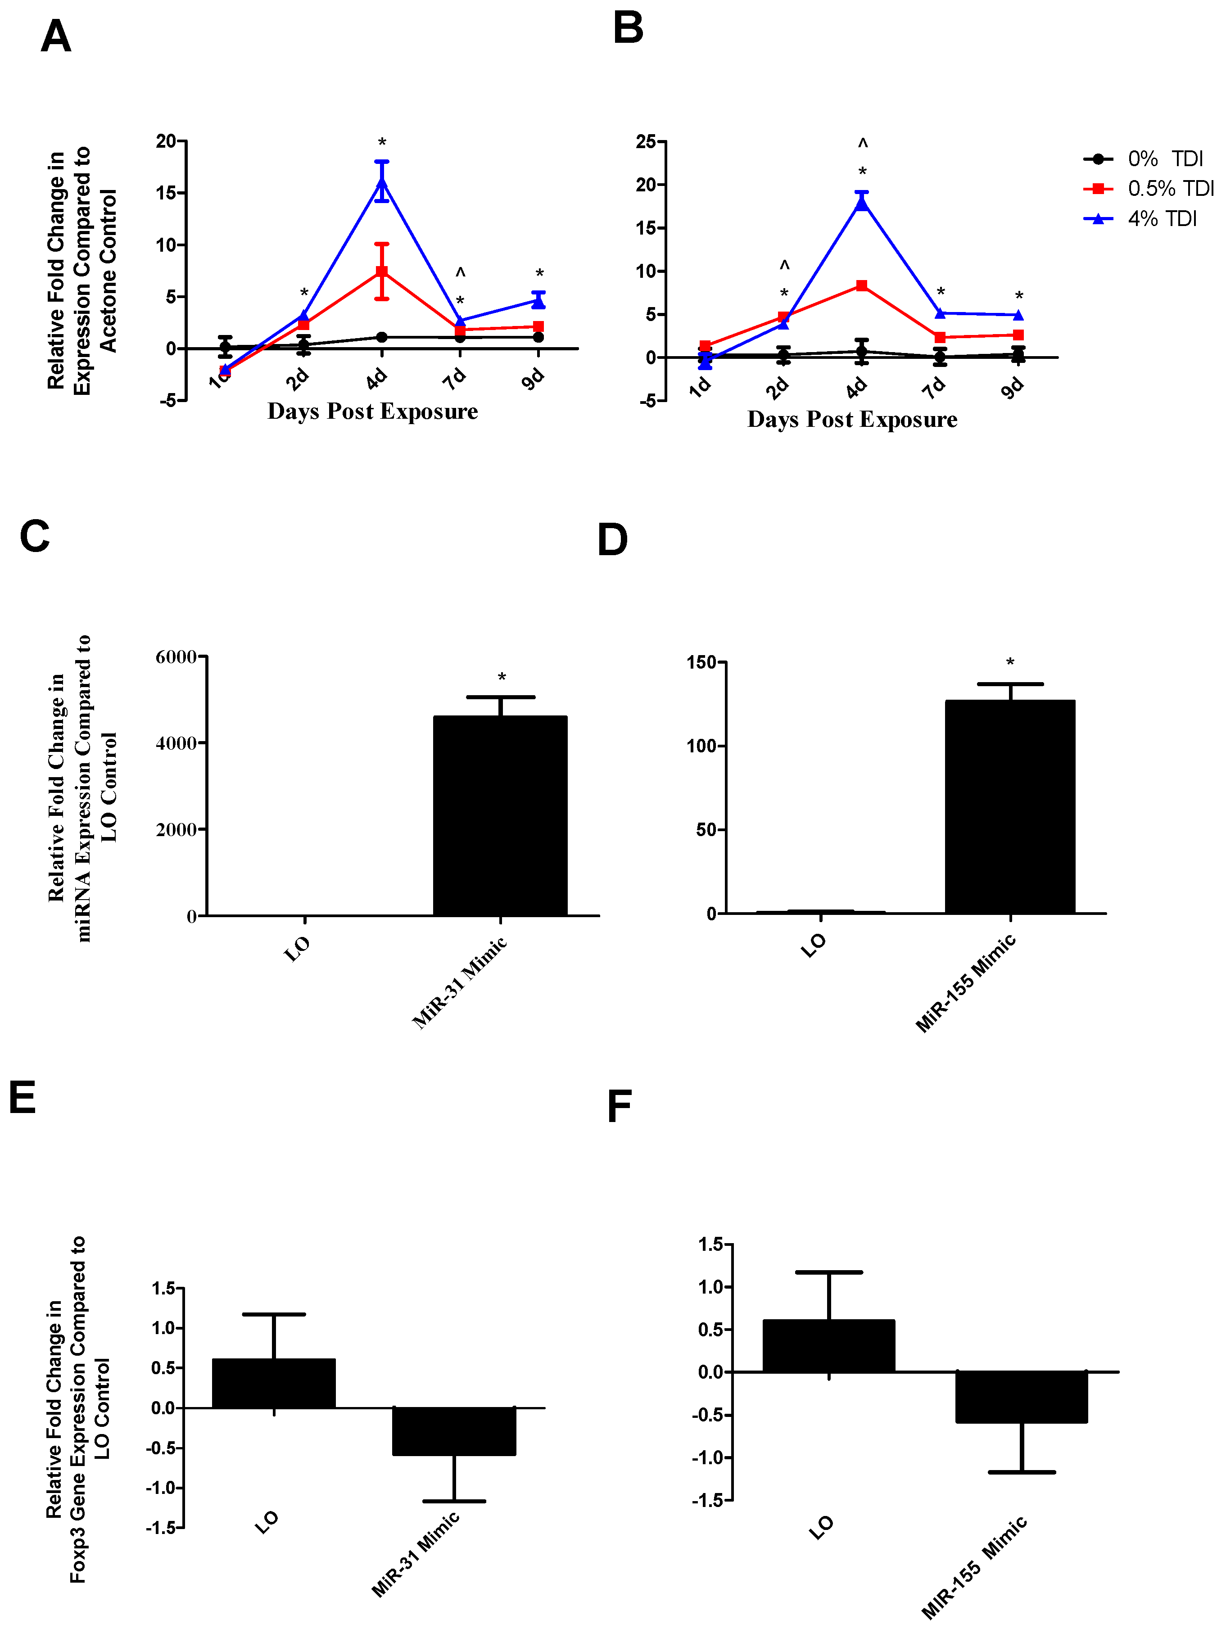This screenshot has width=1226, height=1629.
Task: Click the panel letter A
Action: (55, 37)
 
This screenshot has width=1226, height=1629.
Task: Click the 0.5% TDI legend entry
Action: (1170, 189)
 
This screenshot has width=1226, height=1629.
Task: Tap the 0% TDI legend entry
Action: (1164, 159)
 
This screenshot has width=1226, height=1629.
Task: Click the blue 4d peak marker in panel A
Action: (381, 181)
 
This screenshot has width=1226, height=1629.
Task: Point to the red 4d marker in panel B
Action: (861, 286)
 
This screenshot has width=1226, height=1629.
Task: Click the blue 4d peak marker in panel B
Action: (861, 203)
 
